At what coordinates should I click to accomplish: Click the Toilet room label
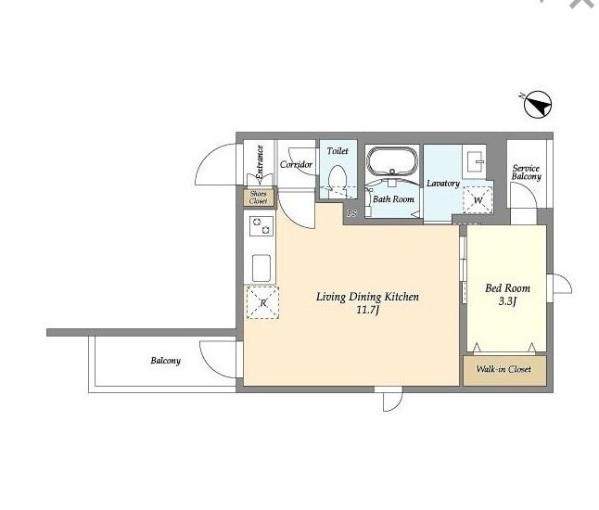point(338,151)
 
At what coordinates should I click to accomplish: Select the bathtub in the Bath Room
point(392,161)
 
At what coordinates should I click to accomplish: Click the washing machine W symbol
point(478,199)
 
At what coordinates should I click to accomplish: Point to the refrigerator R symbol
point(262,302)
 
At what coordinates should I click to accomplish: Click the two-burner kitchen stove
point(261,225)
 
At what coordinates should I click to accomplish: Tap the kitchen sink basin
point(261,268)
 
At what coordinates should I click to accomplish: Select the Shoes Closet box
point(259,198)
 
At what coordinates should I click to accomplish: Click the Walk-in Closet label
point(503,369)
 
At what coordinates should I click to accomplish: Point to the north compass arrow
point(538,104)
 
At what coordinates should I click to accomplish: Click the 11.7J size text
point(367,310)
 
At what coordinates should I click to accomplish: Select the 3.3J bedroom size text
point(507,301)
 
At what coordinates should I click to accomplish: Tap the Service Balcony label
point(527,172)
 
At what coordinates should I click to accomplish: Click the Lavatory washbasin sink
point(474,161)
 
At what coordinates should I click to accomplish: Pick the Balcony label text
point(165,361)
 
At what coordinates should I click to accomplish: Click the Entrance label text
point(260,162)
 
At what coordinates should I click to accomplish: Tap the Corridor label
point(296,165)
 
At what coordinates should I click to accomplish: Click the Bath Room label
point(393,199)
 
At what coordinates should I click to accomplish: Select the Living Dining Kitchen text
point(367,297)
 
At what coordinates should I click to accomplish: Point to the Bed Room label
point(508,288)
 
